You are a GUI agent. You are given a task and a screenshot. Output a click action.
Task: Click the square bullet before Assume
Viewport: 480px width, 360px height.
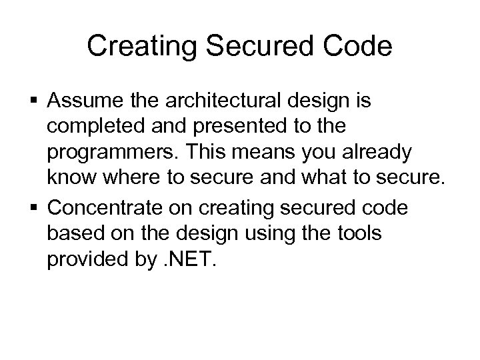pos(36,102)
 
